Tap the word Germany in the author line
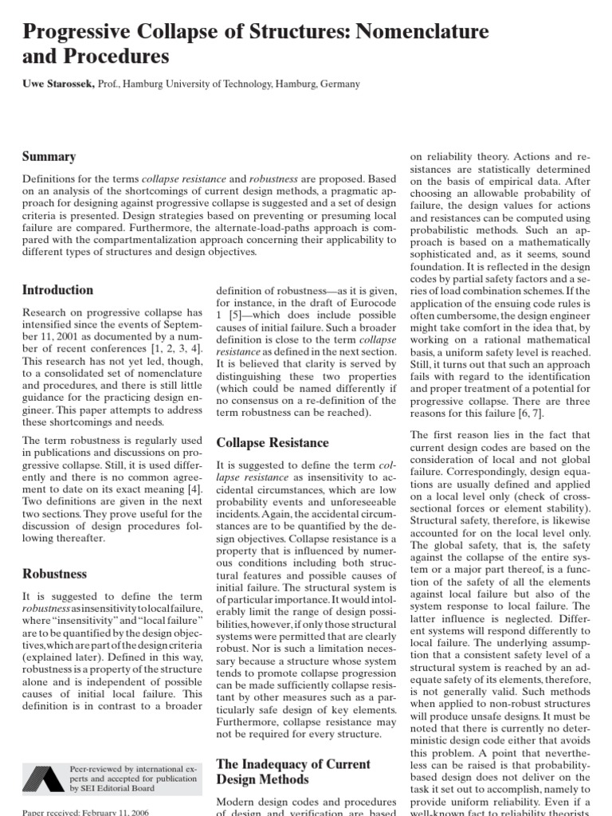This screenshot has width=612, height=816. pos(338,84)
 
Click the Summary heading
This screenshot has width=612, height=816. pos(49,157)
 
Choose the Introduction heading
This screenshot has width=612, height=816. pos(57,290)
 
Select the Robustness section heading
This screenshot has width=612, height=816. pos(54,574)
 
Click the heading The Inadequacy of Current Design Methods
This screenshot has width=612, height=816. pos(293,771)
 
